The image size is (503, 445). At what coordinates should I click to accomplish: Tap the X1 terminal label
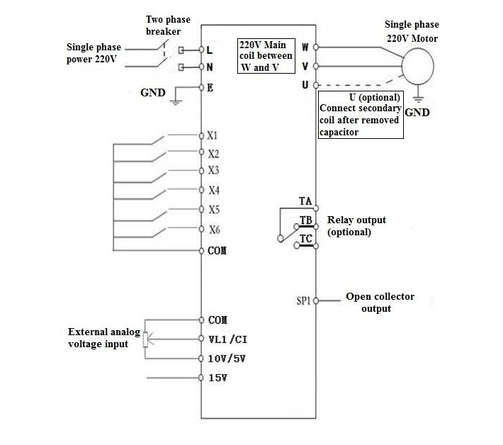[x=212, y=136]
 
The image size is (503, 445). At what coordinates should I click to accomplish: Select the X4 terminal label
[x=214, y=190]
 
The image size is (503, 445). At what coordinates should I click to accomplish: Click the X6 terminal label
[x=215, y=230]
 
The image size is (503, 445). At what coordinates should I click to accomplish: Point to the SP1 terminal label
[x=303, y=301]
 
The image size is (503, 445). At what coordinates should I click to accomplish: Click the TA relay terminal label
[x=305, y=201]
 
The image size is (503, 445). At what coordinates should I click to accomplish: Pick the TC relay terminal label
[x=306, y=239]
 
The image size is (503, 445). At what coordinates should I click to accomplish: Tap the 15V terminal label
[x=217, y=378]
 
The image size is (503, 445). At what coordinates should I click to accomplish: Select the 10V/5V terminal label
[x=227, y=359]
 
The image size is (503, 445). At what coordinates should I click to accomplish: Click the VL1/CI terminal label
[x=227, y=339]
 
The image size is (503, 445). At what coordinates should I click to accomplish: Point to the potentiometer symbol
[x=146, y=339]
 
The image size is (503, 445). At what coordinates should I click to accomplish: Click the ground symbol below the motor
[x=418, y=98]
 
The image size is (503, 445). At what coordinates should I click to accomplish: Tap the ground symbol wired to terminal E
[x=176, y=102]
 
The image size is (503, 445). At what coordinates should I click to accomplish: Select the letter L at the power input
[x=210, y=50]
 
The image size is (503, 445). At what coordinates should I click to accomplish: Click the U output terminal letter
[x=305, y=85]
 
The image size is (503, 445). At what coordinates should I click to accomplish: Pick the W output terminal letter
[x=305, y=47]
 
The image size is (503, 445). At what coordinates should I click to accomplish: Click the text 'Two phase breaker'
[x=168, y=26]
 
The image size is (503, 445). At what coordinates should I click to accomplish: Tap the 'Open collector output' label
[x=380, y=303]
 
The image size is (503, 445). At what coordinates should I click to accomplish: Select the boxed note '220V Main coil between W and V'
[x=266, y=56]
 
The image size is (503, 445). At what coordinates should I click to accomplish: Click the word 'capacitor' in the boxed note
[x=339, y=133]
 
